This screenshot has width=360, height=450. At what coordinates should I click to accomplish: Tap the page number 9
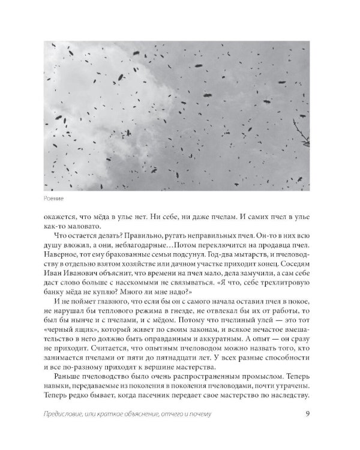click(x=307, y=429)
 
